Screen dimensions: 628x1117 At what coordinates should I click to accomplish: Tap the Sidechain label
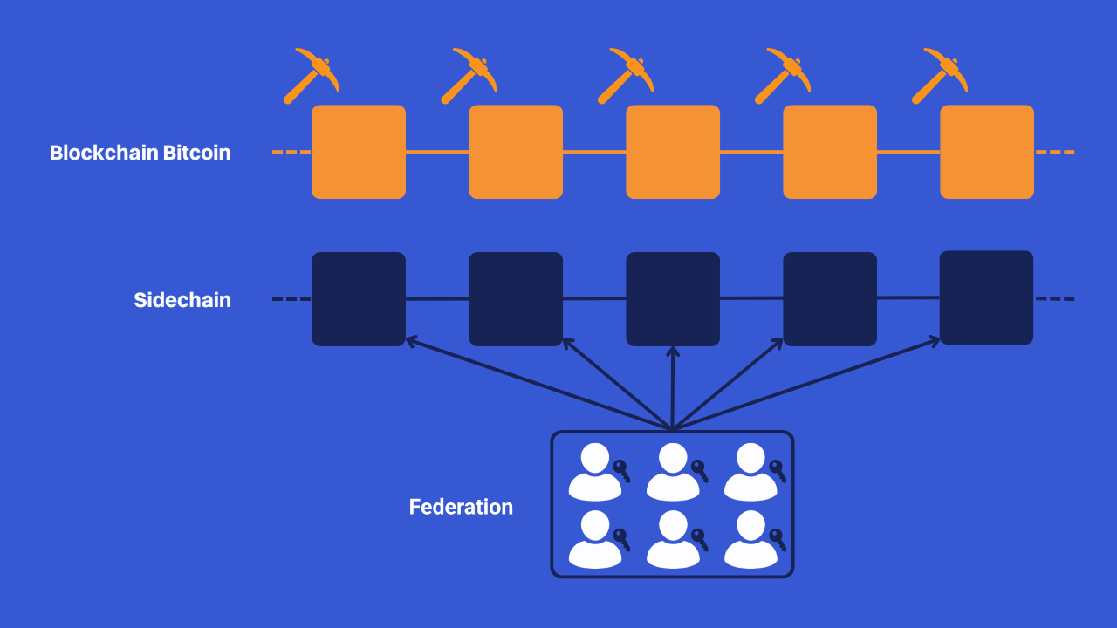(182, 300)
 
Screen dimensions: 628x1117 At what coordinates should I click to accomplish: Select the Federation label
(461, 507)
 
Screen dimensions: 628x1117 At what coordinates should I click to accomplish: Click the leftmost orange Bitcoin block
(359, 152)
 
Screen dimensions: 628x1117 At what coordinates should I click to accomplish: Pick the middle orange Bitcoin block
(673, 152)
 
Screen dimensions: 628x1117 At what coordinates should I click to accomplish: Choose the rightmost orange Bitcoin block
(987, 152)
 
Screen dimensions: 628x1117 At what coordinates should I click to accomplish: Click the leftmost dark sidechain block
(359, 299)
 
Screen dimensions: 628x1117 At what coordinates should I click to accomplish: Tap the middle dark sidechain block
(673, 299)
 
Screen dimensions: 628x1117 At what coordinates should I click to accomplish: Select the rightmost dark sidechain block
(986, 297)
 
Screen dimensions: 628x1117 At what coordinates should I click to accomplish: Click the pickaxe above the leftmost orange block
(311, 75)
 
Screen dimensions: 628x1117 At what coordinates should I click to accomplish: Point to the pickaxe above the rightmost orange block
(939, 75)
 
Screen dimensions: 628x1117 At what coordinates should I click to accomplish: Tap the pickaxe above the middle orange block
(625, 75)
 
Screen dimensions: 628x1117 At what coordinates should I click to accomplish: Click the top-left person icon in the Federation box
(594, 471)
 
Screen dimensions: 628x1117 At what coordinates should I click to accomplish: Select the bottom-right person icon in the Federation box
(750, 539)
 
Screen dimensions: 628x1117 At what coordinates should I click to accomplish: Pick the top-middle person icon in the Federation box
(672, 471)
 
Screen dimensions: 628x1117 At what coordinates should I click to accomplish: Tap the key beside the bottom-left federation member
(621, 539)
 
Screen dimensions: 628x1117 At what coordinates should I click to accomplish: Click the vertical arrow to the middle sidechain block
(672, 388)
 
